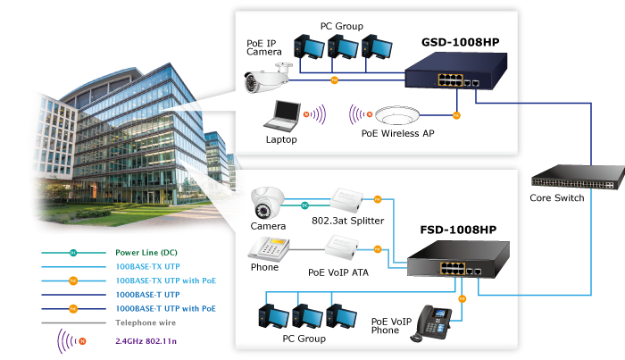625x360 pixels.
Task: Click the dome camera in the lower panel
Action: coord(267,205)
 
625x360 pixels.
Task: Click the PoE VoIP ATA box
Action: coord(349,245)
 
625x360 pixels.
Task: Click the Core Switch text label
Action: coord(557,197)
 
